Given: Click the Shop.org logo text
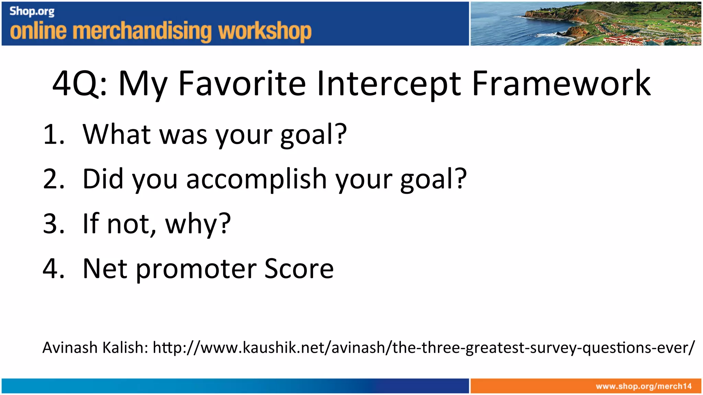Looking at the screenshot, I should (32, 11).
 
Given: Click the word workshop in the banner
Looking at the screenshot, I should (265, 32).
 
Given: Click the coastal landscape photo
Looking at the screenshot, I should (585, 23).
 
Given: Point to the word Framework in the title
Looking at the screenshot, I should (561, 83).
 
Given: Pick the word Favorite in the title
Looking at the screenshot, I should (242, 83).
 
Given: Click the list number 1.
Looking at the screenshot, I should (53, 134).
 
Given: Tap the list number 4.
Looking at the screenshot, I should (53, 268).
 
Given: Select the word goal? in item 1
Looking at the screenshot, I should (313, 135).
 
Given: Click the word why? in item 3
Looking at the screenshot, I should (198, 224).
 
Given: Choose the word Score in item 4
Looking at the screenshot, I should (299, 268).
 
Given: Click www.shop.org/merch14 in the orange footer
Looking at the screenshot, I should (643, 386).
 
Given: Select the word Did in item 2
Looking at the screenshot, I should (103, 179).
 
